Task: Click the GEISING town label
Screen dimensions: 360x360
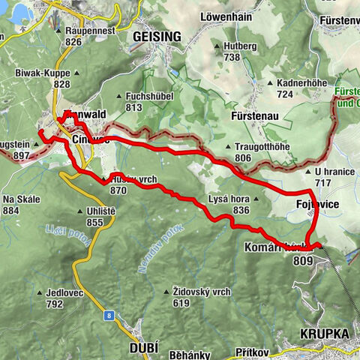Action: pos(157,36)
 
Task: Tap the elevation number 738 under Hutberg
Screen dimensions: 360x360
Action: pos(231,57)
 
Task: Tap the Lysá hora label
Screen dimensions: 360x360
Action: pos(231,199)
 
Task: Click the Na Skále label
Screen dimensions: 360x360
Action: pos(21,200)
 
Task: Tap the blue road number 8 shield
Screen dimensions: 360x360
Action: pos(109,315)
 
